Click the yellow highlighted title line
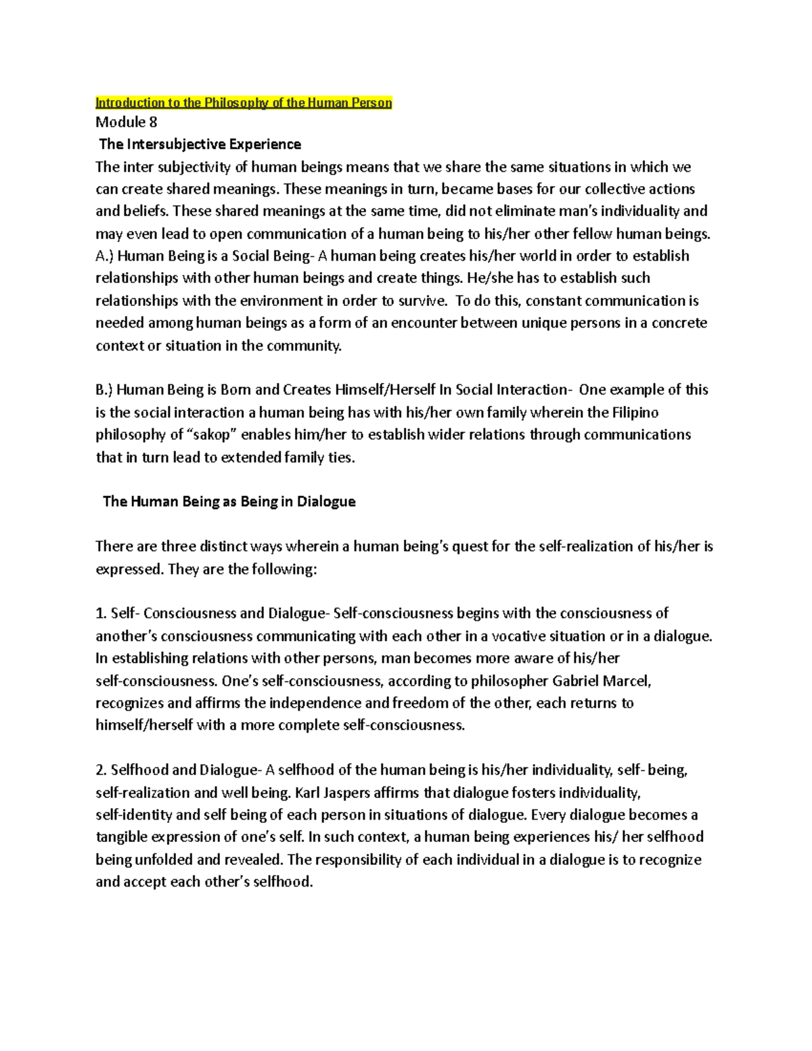244,103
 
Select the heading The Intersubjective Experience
200,144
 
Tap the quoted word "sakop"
212,434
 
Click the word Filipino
635,412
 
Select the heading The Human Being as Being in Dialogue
229,501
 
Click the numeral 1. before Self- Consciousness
101,613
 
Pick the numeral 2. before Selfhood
101,770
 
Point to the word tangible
121,837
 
